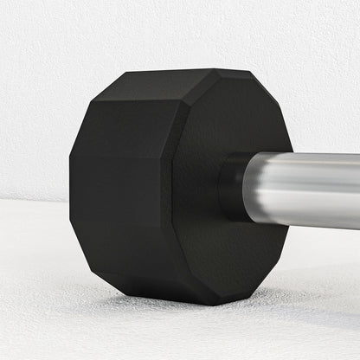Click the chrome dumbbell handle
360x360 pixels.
303,190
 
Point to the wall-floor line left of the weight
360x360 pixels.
35,201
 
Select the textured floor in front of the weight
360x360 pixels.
130,337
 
